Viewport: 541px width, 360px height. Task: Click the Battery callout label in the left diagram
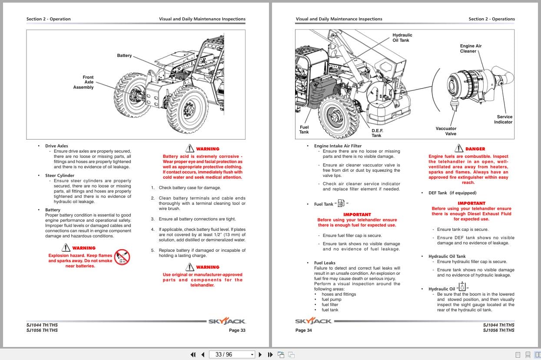click(124, 56)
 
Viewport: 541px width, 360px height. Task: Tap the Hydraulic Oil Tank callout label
click(402, 38)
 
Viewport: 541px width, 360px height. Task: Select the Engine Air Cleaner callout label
click(471, 48)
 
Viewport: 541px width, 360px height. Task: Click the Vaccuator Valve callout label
click(446, 131)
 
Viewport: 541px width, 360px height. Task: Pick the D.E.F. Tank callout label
click(376, 133)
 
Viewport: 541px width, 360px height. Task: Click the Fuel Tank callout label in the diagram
click(304, 130)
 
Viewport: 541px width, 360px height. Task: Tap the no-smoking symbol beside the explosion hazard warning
click(123, 257)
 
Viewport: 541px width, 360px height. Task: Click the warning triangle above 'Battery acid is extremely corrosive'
click(190, 148)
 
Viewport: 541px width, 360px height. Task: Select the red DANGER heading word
click(475, 149)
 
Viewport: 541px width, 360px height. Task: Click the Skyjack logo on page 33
click(227, 321)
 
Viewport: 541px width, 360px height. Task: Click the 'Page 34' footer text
click(303, 330)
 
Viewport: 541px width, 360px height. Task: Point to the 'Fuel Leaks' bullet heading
click(325, 263)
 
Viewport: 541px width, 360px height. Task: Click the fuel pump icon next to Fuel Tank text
click(341, 203)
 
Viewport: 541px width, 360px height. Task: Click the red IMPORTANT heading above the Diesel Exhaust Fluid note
click(471, 203)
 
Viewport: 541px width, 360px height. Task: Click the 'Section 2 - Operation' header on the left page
click(48, 19)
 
